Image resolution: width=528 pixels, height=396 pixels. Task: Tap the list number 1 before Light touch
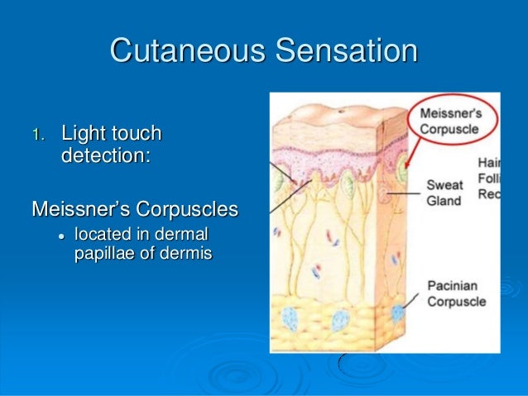pos(36,135)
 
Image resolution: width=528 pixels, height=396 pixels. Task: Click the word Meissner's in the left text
pos(78,208)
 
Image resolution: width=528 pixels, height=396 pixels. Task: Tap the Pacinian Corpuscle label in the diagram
pos(456,293)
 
